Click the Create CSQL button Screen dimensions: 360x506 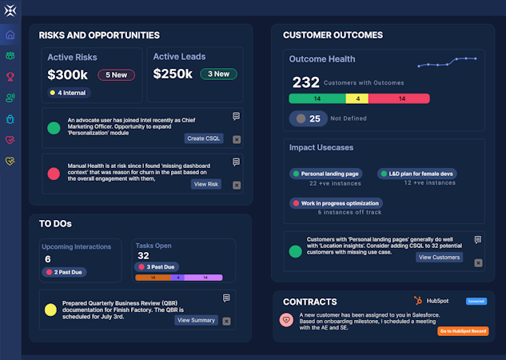point(203,138)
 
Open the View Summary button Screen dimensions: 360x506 point(195,320)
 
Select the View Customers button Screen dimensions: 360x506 point(439,257)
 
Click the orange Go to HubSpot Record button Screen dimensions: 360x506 point(463,330)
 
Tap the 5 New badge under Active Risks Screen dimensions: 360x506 point(116,74)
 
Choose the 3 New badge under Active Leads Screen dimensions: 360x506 point(218,74)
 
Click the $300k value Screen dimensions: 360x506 point(67,74)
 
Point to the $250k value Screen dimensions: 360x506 point(173,74)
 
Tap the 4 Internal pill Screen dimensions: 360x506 point(68,93)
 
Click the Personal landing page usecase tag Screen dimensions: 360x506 point(325,174)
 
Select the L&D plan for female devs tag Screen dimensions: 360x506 point(416,174)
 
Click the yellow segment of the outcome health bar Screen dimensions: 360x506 point(357,98)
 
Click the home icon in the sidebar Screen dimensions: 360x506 point(10,35)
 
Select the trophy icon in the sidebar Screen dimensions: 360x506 point(10,77)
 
